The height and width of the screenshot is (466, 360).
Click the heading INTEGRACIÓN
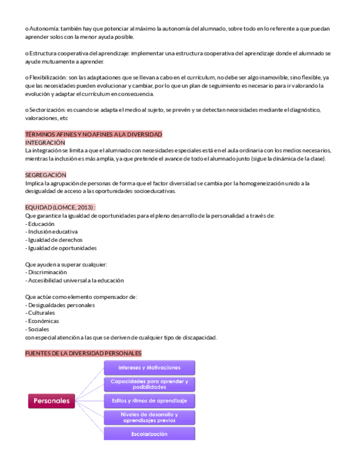(x=46, y=142)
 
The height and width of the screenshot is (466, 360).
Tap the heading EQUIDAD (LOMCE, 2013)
(x=60, y=207)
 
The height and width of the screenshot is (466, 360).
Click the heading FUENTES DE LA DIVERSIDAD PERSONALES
(x=83, y=353)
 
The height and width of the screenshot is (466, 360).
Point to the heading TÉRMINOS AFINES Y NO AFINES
(x=93, y=135)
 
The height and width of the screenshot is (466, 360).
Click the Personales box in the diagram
(x=52, y=401)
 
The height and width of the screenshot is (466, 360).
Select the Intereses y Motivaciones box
(x=149, y=367)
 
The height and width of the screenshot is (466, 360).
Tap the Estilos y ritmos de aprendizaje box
(x=149, y=400)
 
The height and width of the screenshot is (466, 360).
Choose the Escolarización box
(x=149, y=434)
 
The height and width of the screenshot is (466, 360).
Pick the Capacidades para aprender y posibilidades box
(x=149, y=384)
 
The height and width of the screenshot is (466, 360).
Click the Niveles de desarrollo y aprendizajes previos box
(x=149, y=417)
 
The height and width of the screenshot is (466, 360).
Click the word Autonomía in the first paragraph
(x=43, y=28)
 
